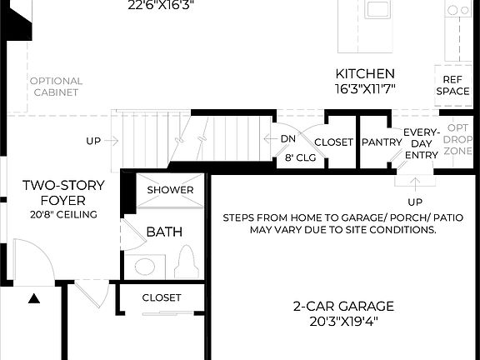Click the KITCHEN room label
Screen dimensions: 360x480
point(365,73)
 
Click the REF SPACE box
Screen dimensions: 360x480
point(452,85)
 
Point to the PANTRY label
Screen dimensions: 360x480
point(382,142)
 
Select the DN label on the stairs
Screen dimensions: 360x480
point(287,138)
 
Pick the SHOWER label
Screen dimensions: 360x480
point(170,190)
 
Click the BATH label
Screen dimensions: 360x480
point(164,232)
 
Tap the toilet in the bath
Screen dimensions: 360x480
point(187,262)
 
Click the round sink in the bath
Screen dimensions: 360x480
point(145,267)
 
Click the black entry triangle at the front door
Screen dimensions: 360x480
point(35,297)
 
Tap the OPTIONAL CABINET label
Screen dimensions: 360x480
point(56,87)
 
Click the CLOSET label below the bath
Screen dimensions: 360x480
point(162,297)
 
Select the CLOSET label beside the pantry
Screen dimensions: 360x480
point(333,142)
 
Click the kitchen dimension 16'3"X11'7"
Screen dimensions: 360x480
point(365,87)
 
